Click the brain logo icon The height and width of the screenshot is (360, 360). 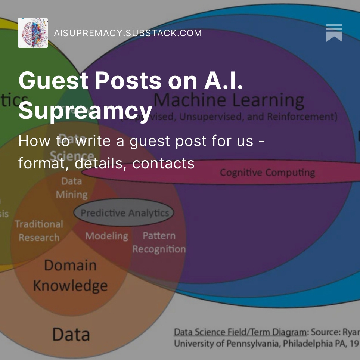(33, 33)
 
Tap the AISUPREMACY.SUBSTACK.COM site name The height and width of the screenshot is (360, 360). (128, 33)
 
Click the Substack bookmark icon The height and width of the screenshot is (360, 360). (334, 33)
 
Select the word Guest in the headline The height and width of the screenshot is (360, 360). (53, 81)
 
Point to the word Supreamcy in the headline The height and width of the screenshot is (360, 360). (85, 110)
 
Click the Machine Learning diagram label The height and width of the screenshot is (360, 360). (229, 100)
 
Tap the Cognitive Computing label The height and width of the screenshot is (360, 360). (267, 173)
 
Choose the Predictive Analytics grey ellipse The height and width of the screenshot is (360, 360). (124, 213)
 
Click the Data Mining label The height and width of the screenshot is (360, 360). (71, 188)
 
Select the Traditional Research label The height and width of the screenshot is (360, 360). (39, 231)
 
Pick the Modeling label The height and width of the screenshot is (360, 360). (106, 236)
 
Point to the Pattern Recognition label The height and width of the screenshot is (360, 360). (159, 242)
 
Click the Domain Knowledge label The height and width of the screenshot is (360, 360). (70, 276)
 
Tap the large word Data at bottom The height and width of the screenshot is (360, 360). (71, 334)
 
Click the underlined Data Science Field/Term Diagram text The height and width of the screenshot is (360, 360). (240, 332)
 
